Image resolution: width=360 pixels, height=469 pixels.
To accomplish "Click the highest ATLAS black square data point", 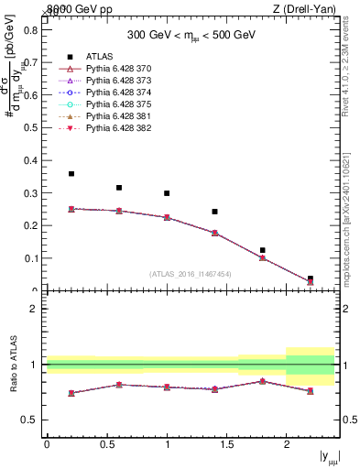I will click(x=71, y=174).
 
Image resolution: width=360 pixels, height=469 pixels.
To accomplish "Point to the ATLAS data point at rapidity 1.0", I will click(x=167, y=193).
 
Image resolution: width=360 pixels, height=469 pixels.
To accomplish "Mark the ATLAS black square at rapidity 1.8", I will click(x=262, y=250).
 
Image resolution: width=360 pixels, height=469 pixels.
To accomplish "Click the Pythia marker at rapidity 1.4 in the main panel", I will click(x=214, y=233).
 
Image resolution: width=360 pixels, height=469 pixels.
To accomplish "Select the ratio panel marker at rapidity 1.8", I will click(x=262, y=381).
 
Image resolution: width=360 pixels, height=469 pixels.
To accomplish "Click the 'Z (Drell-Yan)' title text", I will click(x=308, y=9).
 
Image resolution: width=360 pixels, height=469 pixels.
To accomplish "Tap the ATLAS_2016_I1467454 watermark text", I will click(x=191, y=273).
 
